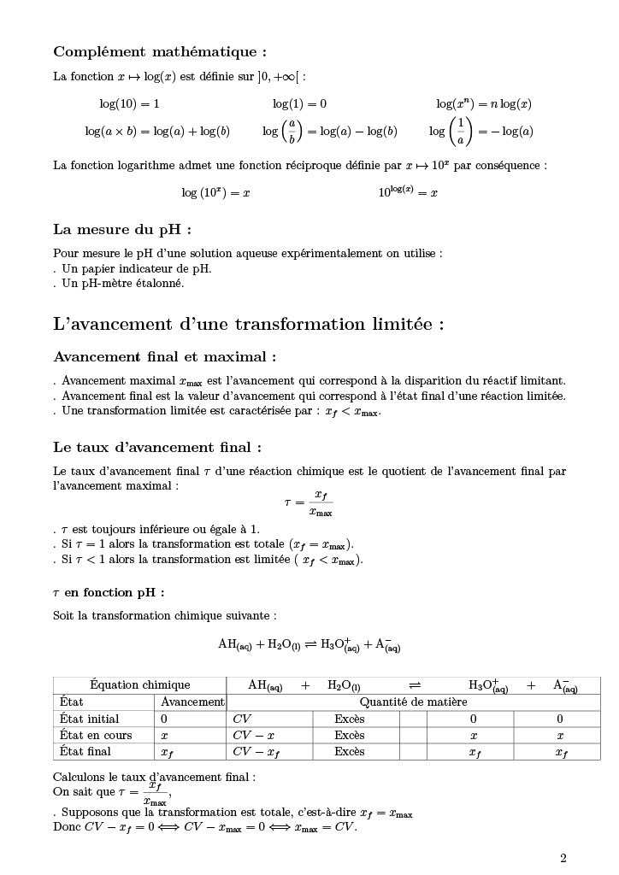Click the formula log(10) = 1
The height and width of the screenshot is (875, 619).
(129, 104)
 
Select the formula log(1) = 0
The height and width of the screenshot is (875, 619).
(299, 104)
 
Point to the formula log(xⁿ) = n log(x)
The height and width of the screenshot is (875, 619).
(483, 104)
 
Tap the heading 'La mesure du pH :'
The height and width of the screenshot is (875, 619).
(122, 229)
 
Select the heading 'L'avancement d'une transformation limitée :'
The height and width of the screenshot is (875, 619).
(249, 325)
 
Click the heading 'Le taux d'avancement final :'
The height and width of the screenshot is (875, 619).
(157, 447)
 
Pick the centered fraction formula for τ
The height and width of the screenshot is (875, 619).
(309, 503)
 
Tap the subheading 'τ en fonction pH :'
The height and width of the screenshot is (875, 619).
(109, 592)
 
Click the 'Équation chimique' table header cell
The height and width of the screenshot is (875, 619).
(139, 685)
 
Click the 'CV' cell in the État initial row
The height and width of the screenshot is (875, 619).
(242, 719)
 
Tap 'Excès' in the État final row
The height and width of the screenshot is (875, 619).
(349, 752)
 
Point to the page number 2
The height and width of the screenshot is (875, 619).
(563, 859)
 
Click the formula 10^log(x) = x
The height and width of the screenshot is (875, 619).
(408, 192)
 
